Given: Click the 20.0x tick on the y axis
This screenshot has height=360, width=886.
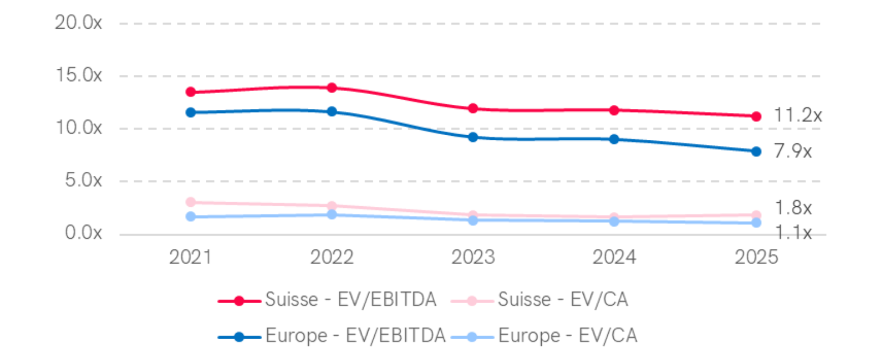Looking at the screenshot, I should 78,23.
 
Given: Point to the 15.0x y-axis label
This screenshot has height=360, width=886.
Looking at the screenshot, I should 78,75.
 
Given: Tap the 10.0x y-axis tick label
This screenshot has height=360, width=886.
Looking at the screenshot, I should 78,128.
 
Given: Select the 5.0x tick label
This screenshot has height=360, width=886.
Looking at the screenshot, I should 83,180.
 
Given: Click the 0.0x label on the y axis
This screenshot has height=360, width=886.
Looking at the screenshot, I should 83,233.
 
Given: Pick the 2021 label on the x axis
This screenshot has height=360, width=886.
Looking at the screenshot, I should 190,257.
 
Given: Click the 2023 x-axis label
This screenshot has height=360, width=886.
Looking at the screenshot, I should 473,257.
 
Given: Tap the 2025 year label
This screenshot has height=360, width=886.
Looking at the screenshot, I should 756,257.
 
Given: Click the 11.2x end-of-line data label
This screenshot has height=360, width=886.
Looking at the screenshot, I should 798,115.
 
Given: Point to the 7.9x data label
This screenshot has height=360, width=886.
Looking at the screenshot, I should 793,151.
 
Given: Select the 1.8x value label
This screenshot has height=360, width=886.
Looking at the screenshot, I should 793,208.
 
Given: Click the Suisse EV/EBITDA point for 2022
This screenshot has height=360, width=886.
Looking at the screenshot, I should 332,88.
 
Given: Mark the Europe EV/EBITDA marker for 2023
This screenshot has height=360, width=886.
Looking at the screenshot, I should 473,137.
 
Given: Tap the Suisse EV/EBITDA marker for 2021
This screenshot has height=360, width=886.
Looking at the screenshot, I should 191,92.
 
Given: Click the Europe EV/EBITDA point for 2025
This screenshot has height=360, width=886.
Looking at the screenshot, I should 756,151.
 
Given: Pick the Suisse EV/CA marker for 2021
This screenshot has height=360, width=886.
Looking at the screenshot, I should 191,202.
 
